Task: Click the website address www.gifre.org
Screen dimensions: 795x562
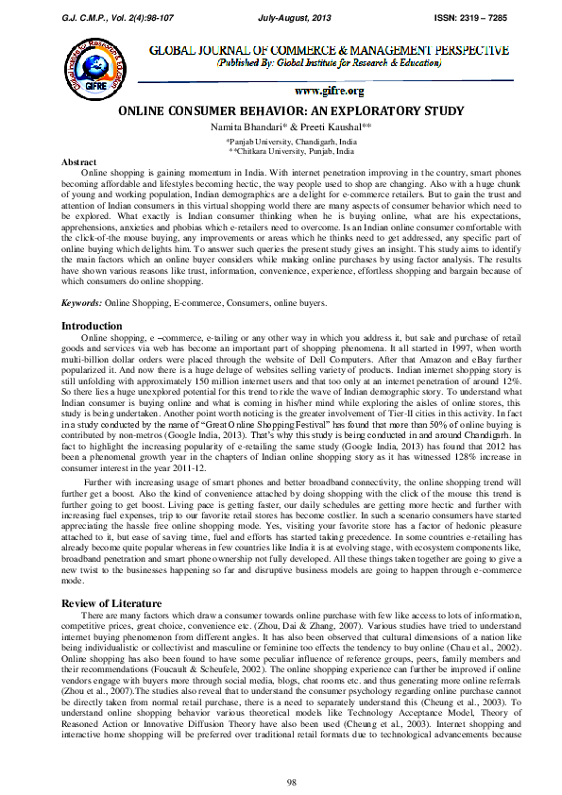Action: [x=330, y=91]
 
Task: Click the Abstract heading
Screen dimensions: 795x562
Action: [x=79, y=161]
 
